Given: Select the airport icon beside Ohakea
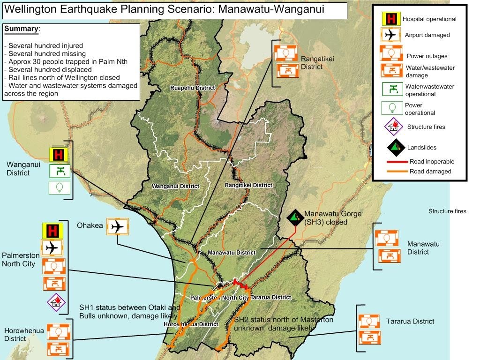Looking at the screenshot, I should [x=117, y=227].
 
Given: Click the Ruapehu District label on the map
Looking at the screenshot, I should [x=192, y=88].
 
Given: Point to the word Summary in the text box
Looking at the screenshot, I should [x=21, y=29].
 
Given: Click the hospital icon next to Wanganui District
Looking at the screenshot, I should [x=59, y=155].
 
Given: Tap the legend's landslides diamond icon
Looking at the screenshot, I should [x=396, y=147].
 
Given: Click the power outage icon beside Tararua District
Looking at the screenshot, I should [x=368, y=322].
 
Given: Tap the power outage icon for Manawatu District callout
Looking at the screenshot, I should [x=386, y=238].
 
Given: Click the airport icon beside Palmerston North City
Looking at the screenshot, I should [x=52, y=247].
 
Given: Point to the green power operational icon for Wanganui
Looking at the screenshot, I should [x=60, y=187].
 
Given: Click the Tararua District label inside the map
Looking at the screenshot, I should [x=271, y=297].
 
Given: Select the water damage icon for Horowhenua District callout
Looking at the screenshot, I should [x=58, y=349].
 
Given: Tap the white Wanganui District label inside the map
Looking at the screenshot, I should [x=175, y=186].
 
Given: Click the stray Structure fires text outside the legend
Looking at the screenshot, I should [x=447, y=211].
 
